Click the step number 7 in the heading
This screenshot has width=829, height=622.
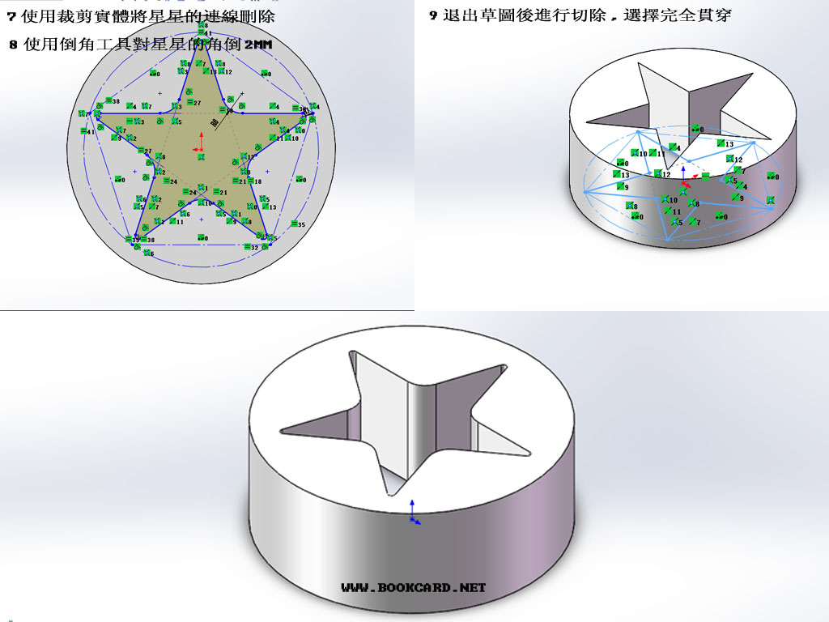tap(11, 16)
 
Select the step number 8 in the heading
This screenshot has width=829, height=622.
tap(13, 45)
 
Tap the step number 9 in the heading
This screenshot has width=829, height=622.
tap(433, 15)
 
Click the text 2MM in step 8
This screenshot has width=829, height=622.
tap(258, 45)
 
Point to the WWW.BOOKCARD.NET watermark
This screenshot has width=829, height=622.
tap(413, 587)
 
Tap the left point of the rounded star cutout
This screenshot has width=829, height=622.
tap(283, 428)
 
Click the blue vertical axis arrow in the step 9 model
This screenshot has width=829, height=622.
tap(685, 173)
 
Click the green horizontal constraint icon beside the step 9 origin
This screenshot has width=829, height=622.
tap(705, 176)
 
